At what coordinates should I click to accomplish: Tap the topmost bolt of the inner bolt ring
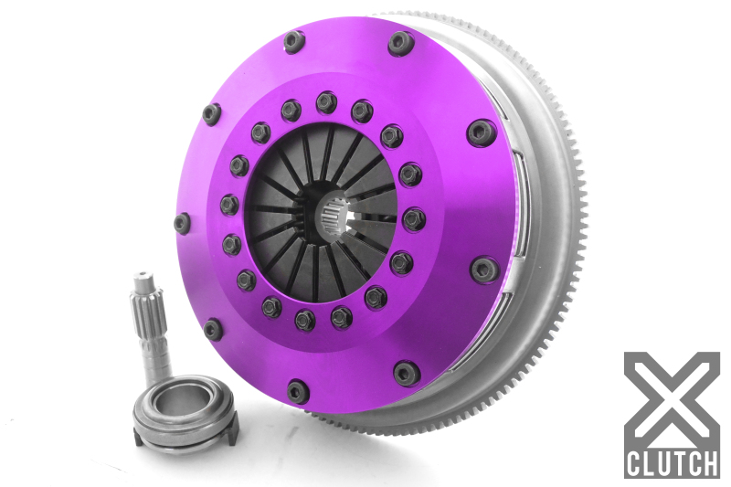[327, 102]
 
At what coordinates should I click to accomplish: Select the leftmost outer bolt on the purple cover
[182, 224]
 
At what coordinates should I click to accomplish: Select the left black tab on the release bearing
[138, 437]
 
